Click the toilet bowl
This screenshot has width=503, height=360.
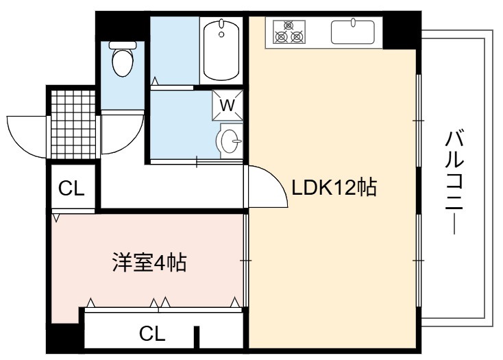pos(123,62)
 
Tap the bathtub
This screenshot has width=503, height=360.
pos(221,50)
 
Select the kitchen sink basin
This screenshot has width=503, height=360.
pos(352,32)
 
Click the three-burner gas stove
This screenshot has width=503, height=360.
pos(289,32)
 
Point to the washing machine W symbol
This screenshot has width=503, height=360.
pos(228,105)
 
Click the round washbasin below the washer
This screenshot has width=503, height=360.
pos(230,141)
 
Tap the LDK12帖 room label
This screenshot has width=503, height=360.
pos(334,187)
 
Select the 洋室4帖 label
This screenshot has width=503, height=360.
pos(149,263)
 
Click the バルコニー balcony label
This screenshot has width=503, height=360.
pos(454,182)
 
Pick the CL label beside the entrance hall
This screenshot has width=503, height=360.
pos(71,189)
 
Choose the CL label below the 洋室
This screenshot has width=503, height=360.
pos(152,333)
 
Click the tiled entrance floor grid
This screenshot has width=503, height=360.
pos(73,125)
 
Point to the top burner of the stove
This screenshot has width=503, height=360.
pos(289,25)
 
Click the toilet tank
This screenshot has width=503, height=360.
pos(123,45)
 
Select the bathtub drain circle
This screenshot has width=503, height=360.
pos(221,34)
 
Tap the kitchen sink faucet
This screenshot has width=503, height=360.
pos(353,23)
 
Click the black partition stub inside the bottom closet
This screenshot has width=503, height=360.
pos(197,337)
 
